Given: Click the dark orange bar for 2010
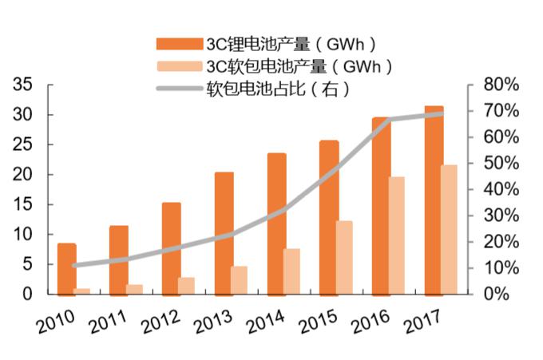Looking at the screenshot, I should pyautogui.click(x=66, y=268).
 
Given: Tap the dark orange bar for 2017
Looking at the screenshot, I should pyautogui.click(x=434, y=200).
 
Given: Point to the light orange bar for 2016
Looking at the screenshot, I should pyautogui.click(x=396, y=235).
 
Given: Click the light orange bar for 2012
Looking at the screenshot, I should pyautogui.click(x=186, y=285).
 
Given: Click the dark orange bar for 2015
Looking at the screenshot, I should pyautogui.click(x=329, y=217).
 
